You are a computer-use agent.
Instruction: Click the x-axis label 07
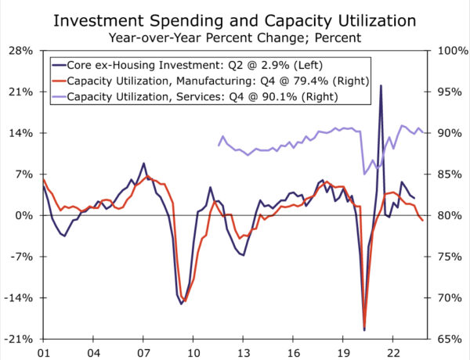(x=143, y=352)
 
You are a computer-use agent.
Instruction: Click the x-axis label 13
(x=244, y=352)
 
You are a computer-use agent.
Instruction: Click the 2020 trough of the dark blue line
(x=364, y=329)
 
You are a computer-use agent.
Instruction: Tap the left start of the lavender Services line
(x=219, y=145)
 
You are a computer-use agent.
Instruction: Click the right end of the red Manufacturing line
(x=423, y=221)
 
